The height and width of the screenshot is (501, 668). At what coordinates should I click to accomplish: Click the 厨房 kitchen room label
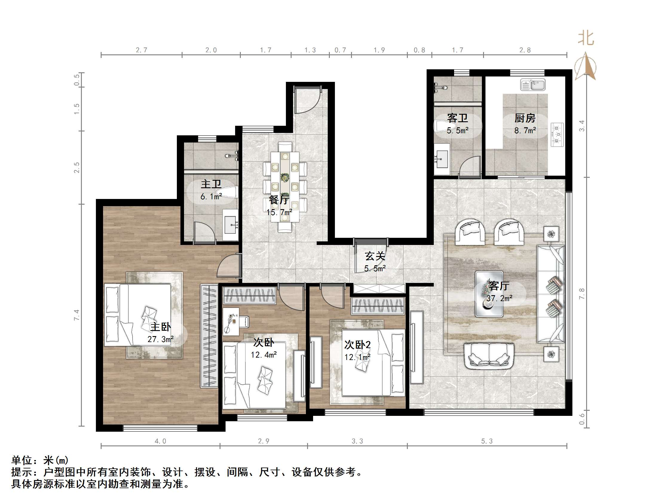click(x=525, y=118)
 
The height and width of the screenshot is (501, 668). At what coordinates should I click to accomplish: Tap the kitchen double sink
click(x=533, y=85)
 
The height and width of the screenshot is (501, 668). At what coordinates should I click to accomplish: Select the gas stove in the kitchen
click(x=557, y=135)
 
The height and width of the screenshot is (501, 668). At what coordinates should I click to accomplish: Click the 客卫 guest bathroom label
click(x=457, y=118)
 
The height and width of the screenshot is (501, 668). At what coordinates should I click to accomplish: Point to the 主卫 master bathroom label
click(x=211, y=184)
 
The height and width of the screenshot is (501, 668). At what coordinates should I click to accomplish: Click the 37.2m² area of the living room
click(x=499, y=298)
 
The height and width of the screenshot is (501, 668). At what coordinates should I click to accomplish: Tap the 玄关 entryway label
click(x=375, y=256)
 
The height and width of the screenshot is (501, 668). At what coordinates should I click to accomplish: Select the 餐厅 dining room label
click(x=279, y=200)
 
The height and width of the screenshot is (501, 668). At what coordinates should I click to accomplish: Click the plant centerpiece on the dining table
click(x=284, y=177)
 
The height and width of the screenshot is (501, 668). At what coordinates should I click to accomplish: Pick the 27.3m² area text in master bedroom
click(x=160, y=339)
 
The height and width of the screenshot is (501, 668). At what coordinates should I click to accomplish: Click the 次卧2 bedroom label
click(x=358, y=344)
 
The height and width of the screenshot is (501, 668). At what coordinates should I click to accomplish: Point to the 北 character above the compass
click(x=586, y=39)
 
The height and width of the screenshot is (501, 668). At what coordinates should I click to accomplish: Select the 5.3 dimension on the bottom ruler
click(x=487, y=441)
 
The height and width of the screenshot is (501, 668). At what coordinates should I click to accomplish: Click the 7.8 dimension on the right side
click(x=582, y=294)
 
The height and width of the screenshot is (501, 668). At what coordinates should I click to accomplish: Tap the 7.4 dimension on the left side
click(x=77, y=315)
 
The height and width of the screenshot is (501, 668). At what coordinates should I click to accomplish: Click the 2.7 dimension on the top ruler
click(x=141, y=50)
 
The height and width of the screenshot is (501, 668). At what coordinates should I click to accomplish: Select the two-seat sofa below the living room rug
click(x=489, y=356)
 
